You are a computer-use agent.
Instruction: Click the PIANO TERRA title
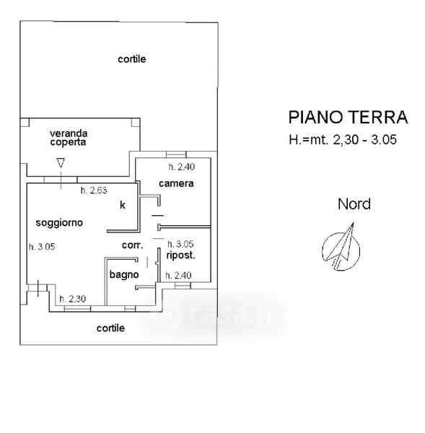348,117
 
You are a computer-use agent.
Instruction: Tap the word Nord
354,204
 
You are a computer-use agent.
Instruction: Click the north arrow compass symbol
341,247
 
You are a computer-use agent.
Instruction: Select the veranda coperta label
69,138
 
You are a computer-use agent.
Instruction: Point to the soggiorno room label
59,222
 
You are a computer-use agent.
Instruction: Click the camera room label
176,183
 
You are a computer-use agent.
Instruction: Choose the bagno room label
124,274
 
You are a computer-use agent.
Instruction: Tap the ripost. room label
180,255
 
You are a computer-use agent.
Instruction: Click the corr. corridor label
133,245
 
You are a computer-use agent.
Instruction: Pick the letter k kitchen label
123,205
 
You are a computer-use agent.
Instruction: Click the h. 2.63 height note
94,191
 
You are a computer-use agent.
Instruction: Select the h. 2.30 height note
73,299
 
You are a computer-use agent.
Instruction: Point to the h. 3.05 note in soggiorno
42,247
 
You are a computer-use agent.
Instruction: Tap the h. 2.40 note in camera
181,167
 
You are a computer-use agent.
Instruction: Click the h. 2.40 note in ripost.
178,276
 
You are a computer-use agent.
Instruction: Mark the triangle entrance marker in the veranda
61,163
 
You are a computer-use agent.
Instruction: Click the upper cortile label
132,59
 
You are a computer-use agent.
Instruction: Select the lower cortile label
110,328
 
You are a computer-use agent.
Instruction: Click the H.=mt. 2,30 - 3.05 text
343,140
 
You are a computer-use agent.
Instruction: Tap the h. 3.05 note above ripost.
180,244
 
